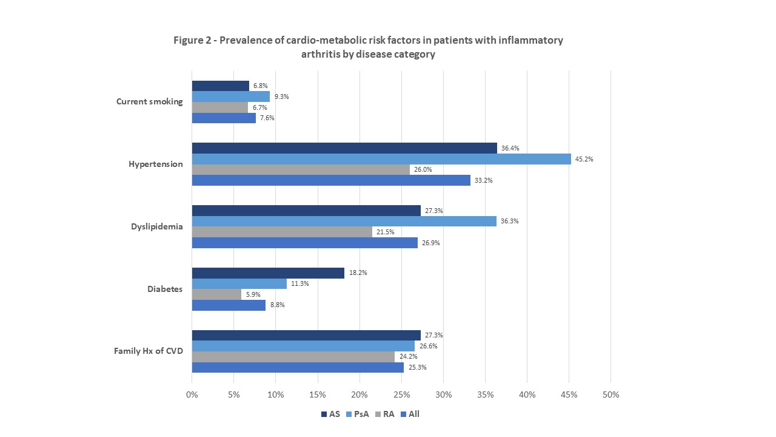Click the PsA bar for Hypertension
381,159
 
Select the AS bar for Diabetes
268,273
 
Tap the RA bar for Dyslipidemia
282,232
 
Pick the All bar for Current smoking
224,118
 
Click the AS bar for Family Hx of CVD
306,336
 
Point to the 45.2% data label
584,159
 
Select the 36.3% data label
510,222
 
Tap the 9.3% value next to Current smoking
282,97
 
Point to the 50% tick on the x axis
610,395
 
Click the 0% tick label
192,395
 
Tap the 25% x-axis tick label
401,395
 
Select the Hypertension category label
155,164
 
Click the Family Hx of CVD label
149,351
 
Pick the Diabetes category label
165,290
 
